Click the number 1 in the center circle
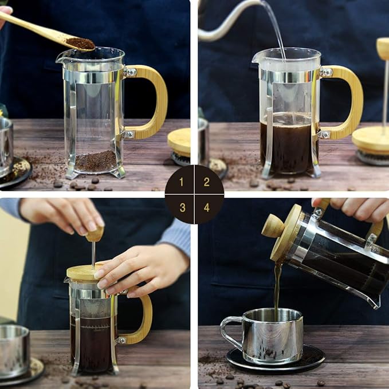(182, 182)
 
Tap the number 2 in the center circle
(207, 182)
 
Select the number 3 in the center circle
(182, 207)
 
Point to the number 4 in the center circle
(207, 207)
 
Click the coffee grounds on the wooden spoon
(81, 44)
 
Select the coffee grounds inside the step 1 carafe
(96, 161)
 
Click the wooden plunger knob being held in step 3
(95, 234)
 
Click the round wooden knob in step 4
(273, 226)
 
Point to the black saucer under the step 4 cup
(276, 359)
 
